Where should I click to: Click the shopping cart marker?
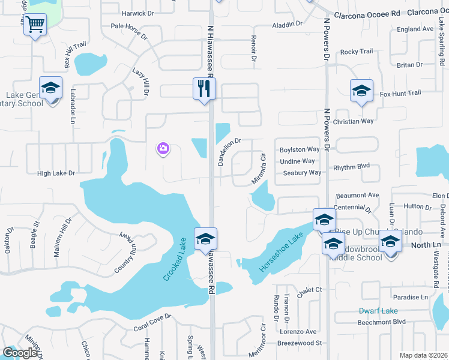tap(35, 25)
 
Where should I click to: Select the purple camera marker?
tap(163, 148)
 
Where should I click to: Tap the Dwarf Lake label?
tap(378, 311)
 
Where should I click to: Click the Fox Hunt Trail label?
tap(400, 93)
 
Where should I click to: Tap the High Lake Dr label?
tap(56, 173)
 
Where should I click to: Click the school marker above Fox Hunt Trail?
tap(361, 90)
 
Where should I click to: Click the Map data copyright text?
tap(423, 355)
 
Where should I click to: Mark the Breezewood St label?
tap(300, 343)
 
